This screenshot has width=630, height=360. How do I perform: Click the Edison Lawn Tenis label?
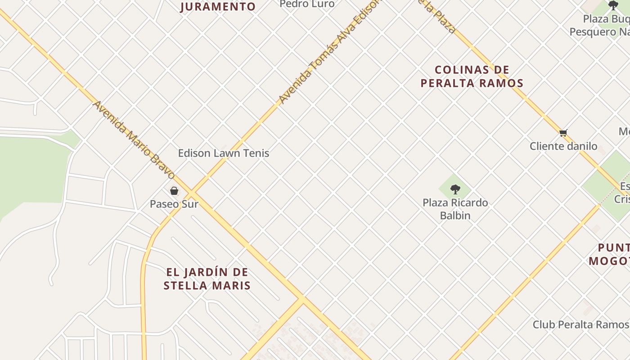(x=224, y=153)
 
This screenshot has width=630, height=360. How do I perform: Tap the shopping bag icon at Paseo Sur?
(x=174, y=191)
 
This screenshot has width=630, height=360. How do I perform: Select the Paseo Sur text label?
(x=174, y=204)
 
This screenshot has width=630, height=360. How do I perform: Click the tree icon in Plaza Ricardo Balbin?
(x=455, y=189)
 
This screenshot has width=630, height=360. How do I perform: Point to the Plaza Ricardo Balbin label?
(x=455, y=209)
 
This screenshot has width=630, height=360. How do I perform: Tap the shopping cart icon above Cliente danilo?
(x=563, y=133)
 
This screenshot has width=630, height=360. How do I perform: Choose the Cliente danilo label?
(x=563, y=146)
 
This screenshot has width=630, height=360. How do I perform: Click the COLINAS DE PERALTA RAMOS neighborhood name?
(x=472, y=76)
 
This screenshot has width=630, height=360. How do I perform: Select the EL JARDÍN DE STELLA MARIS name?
(x=207, y=279)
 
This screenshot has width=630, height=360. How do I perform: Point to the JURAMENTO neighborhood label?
(x=218, y=7)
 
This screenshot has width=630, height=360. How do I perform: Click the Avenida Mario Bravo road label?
(x=134, y=139)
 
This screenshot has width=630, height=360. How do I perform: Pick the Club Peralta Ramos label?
(x=580, y=324)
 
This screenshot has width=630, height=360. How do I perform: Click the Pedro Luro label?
(x=307, y=4)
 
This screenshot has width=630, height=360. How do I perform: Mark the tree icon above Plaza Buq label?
(x=613, y=5)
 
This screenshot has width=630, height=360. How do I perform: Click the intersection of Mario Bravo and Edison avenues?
(x=192, y=193)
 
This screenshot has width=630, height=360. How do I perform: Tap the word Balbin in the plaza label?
(x=455, y=216)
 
